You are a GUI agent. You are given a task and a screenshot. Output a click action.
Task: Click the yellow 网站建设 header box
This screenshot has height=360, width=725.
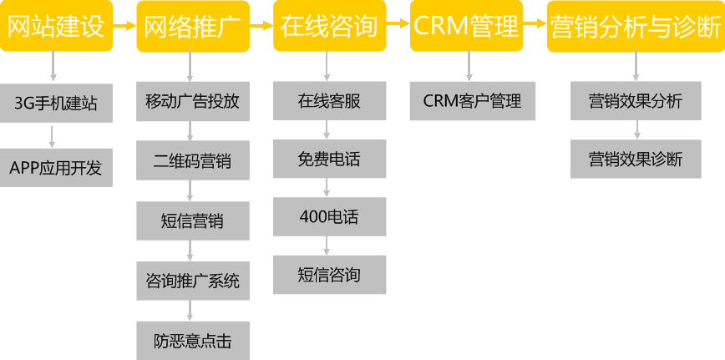56,26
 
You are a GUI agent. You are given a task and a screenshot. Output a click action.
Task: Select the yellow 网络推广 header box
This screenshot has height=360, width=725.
192,26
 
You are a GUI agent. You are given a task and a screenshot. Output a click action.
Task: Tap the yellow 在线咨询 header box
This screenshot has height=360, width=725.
329,26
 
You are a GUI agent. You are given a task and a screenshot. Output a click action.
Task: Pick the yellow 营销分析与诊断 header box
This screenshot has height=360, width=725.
636,26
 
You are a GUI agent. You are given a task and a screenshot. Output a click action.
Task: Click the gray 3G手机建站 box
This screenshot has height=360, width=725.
56,103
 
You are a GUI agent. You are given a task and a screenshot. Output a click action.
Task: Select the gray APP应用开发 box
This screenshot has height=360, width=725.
56,166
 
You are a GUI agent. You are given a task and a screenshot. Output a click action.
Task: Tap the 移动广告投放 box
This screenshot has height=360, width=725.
192,102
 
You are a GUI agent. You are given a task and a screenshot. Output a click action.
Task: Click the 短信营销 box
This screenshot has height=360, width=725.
192,221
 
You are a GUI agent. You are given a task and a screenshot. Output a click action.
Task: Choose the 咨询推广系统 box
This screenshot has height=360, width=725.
192,281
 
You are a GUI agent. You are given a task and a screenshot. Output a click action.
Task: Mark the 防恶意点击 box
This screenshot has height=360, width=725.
192,340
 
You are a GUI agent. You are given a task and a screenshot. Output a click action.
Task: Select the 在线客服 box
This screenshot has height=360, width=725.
329,102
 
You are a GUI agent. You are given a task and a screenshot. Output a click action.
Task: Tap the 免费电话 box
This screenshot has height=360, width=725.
329,159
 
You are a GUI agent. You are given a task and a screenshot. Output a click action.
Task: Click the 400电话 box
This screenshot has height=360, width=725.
329,216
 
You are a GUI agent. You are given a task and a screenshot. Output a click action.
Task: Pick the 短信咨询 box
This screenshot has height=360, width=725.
329,274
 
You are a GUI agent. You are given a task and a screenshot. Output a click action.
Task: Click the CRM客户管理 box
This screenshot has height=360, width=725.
472,102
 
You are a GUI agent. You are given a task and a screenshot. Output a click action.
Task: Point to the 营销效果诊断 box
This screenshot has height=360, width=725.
636,159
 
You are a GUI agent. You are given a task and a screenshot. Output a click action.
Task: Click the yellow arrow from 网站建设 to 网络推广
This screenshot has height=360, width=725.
124,26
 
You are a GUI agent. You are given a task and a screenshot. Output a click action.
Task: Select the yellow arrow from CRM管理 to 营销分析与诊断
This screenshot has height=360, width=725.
535,26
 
